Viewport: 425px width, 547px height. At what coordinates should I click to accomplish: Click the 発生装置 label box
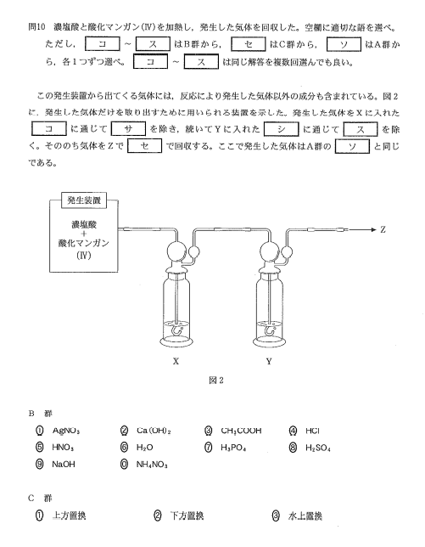tap(84, 200)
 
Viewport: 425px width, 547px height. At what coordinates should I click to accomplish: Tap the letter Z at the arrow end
tap(383, 229)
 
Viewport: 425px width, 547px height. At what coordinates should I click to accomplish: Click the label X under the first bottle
tap(176, 362)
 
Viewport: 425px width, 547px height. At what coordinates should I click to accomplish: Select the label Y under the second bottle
tap(269, 362)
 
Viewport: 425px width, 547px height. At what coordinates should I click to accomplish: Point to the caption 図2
tap(216, 381)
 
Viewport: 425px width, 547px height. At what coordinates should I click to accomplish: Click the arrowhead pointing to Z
tap(374, 229)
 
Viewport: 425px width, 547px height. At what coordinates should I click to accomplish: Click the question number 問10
tap(37, 27)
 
